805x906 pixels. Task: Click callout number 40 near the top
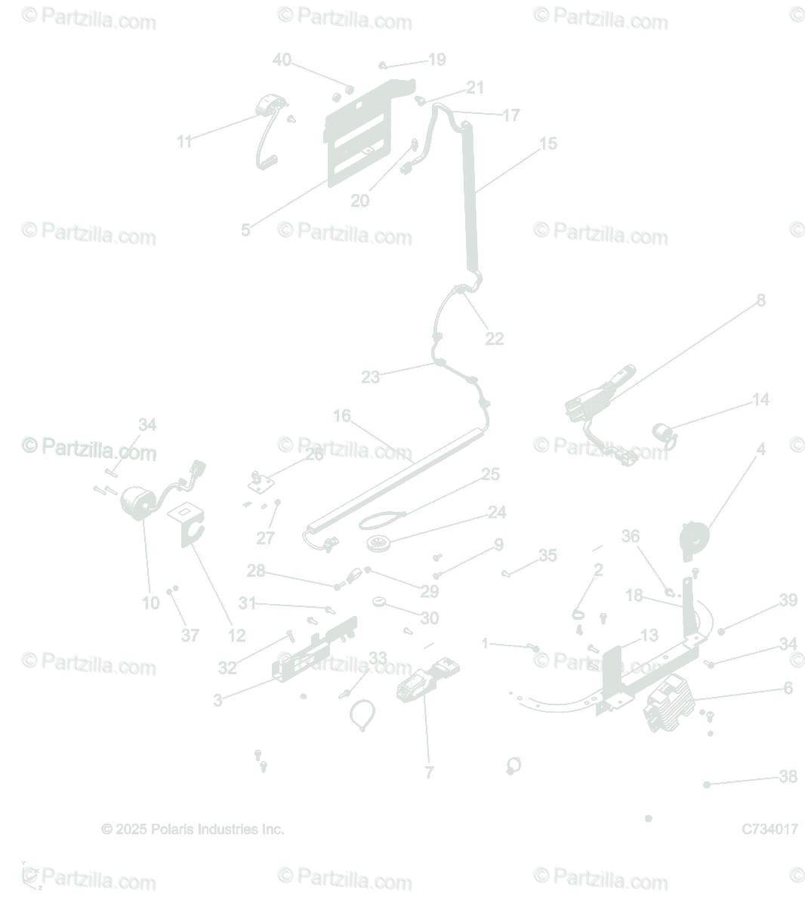pyautogui.click(x=281, y=60)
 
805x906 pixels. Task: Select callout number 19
pyautogui.click(x=437, y=60)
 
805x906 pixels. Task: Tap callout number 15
pyautogui.click(x=548, y=143)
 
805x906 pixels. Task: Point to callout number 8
pyautogui.click(x=760, y=300)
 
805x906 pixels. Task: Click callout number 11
pyautogui.click(x=185, y=141)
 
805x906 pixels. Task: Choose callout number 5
pyautogui.click(x=245, y=230)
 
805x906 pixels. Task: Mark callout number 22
pyautogui.click(x=494, y=339)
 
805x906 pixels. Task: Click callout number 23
pyautogui.click(x=370, y=377)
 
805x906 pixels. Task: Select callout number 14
pyautogui.click(x=760, y=399)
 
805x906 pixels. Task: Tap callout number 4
pyautogui.click(x=760, y=449)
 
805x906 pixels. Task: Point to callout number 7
pyautogui.click(x=429, y=772)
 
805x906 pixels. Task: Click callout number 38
pyautogui.click(x=788, y=777)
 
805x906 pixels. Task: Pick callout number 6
pyautogui.click(x=788, y=689)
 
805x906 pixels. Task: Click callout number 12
pyautogui.click(x=236, y=636)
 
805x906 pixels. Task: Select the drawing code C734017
pyautogui.click(x=770, y=829)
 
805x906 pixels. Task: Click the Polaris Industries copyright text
pyautogui.click(x=193, y=829)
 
